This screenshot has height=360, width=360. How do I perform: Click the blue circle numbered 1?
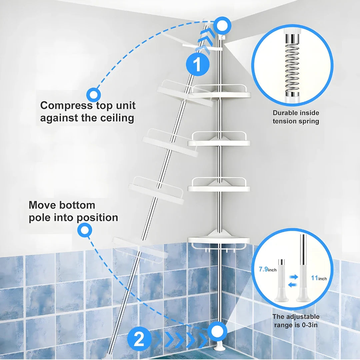[x=198, y=64]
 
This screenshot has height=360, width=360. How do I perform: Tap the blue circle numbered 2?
[x=139, y=339]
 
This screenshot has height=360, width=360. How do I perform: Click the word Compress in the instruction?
[x=66, y=106]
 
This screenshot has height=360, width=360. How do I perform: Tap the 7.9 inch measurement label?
[x=267, y=269]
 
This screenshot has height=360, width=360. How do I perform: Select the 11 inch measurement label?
[x=319, y=278]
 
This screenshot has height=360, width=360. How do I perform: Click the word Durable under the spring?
[x=284, y=113]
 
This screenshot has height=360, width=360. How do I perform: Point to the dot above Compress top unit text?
[x=94, y=95]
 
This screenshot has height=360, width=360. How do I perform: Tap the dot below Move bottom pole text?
[x=85, y=230]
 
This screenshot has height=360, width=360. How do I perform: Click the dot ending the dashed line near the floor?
[x=217, y=331]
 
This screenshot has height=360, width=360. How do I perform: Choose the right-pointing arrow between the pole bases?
[x=293, y=277]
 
